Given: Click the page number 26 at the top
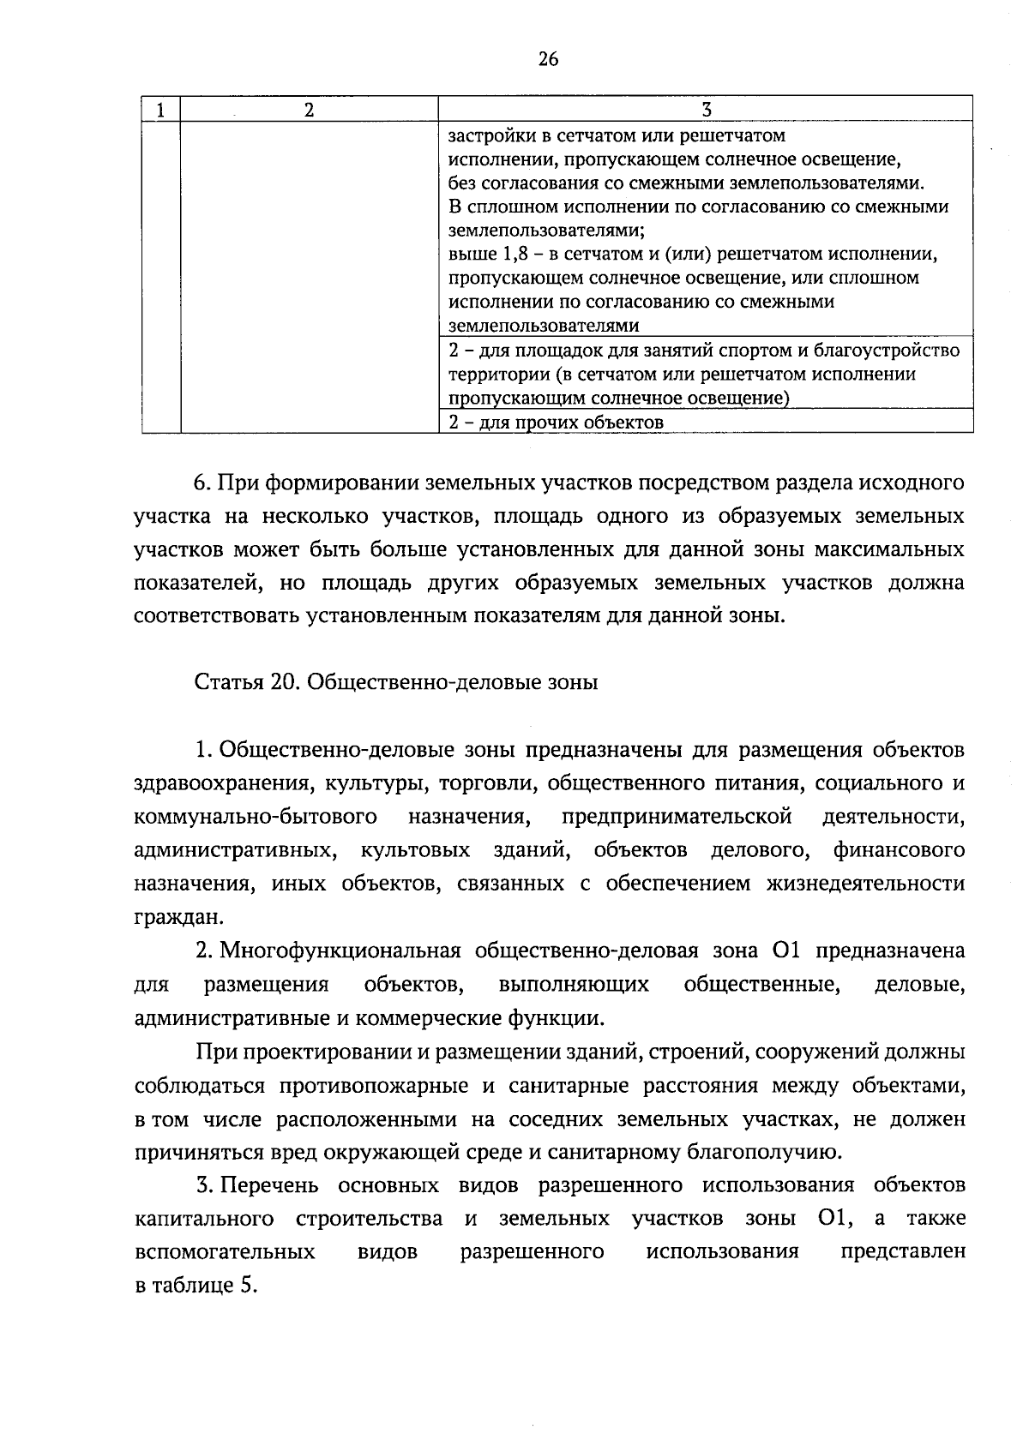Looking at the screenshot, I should [x=548, y=59].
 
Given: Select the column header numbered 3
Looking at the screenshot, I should [x=707, y=109].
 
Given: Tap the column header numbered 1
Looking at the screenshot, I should [x=160, y=109].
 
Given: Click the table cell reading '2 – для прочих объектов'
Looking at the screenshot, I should [x=557, y=422].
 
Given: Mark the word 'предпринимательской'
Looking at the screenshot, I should [x=677, y=818].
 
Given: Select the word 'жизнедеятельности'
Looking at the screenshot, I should [x=865, y=884].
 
